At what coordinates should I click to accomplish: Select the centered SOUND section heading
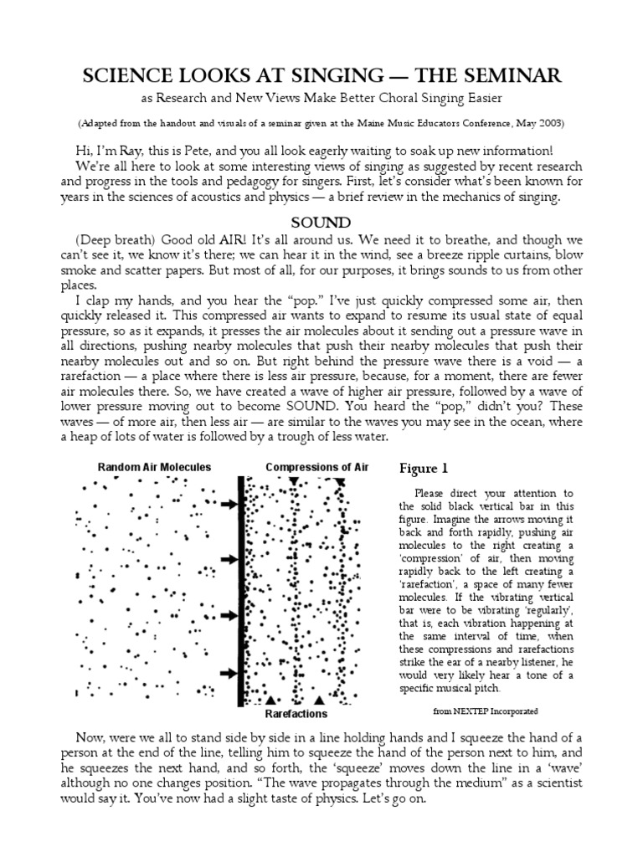coord(321,223)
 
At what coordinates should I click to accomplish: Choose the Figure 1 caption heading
coord(427,468)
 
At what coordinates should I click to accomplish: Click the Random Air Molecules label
coord(154,466)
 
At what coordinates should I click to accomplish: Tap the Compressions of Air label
coord(316,466)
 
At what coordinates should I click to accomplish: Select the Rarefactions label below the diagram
coord(296,715)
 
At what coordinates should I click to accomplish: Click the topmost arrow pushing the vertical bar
coord(227,505)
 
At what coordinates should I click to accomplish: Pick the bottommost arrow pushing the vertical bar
coord(227,672)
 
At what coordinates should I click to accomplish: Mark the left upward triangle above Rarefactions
coord(270,700)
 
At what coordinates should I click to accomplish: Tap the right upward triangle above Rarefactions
coord(318,700)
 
